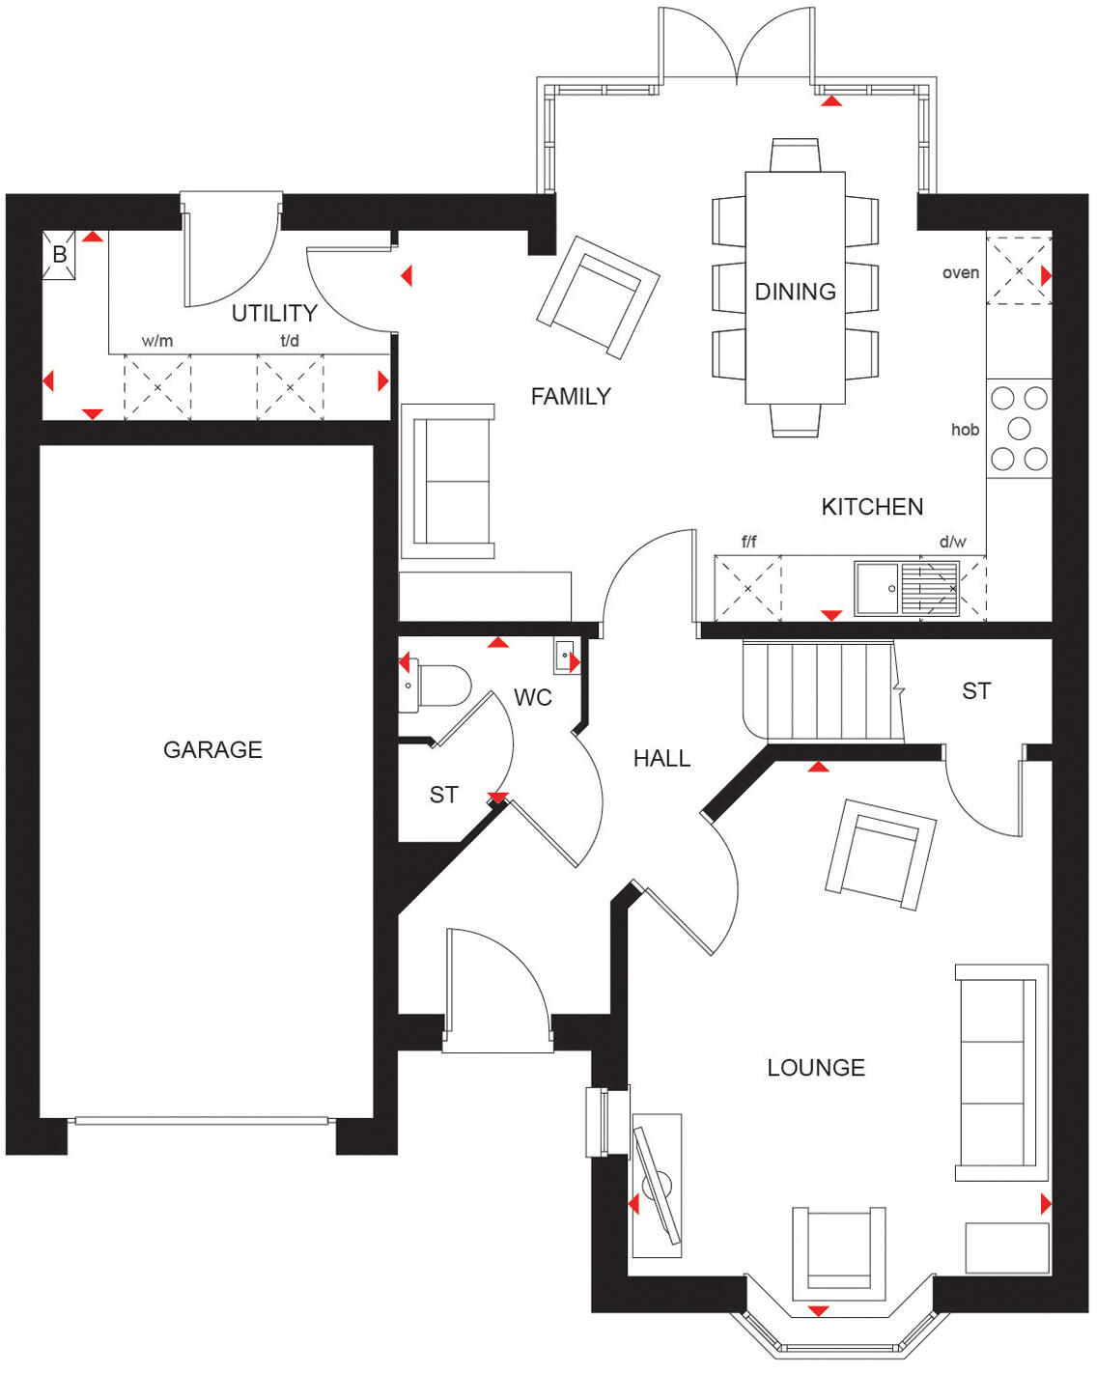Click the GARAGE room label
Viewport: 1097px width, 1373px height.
(x=212, y=749)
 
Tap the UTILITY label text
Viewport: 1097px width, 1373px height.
(x=274, y=313)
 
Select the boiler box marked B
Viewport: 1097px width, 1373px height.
(x=59, y=256)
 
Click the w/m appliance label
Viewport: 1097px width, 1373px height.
(x=157, y=341)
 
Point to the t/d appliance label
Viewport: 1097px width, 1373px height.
(x=290, y=341)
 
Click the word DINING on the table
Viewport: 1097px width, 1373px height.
(x=795, y=292)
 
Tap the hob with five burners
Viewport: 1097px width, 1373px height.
(x=1019, y=429)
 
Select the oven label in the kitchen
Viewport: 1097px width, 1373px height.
(x=961, y=273)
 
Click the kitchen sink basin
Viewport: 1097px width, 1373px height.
(x=878, y=588)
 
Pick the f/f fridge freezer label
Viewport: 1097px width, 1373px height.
(x=748, y=542)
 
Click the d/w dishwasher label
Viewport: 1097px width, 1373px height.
(x=952, y=542)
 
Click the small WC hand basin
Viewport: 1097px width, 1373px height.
(x=565, y=656)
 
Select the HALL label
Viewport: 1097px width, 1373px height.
(x=661, y=759)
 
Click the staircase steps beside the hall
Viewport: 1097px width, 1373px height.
(x=821, y=691)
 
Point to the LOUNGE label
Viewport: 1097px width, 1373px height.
(x=816, y=1068)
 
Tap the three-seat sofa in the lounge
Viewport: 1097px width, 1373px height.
(x=999, y=1072)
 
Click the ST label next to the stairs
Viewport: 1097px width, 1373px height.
(x=976, y=691)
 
